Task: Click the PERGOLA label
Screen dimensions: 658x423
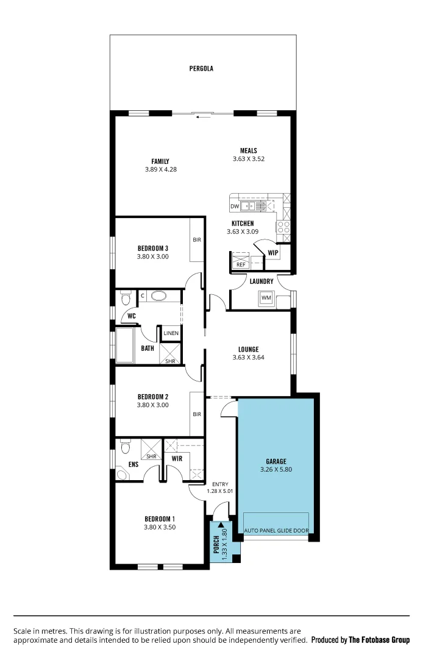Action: click(x=201, y=69)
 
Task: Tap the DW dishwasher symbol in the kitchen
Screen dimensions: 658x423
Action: click(x=235, y=207)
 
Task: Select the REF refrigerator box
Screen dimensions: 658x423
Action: click(x=241, y=264)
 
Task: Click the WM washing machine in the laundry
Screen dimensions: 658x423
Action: click(x=266, y=298)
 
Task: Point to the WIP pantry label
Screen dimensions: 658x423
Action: click(x=272, y=253)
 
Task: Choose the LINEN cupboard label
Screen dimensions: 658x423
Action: click(x=171, y=333)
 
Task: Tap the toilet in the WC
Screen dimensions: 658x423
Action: click(x=126, y=299)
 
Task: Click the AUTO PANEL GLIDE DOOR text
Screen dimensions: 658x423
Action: click(x=276, y=531)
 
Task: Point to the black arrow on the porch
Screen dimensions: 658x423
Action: click(x=221, y=525)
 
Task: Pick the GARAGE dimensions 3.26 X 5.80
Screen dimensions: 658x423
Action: click(x=275, y=470)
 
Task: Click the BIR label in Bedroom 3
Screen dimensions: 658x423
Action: click(x=197, y=240)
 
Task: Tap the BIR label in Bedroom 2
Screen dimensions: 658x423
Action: click(x=197, y=414)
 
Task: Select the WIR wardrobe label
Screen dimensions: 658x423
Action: click(x=177, y=458)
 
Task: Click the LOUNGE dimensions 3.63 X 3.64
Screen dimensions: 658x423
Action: click(x=248, y=358)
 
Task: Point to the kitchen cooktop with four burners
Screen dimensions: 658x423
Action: click(x=284, y=227)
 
